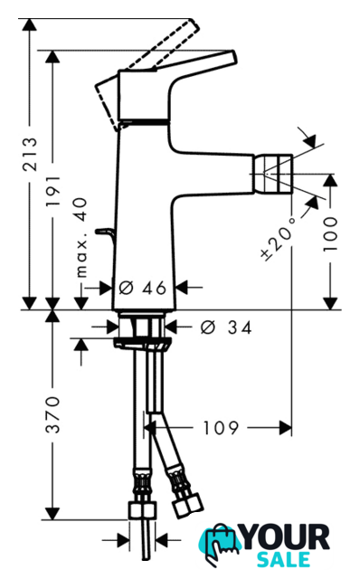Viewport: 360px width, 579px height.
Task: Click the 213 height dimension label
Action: (30, 154)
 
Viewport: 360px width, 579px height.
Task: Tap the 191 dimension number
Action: (52, 191)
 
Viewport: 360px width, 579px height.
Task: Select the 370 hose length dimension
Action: (52, 414)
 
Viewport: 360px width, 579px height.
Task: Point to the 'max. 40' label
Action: (81, 237)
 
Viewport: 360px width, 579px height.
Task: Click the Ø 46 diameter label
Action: (143, 288)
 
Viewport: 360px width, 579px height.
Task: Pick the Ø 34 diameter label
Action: (226, 327)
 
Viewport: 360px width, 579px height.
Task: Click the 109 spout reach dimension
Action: (222, 428)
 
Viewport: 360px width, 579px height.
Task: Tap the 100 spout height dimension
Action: (330, 234)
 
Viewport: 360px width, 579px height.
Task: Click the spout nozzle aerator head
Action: (272, 174)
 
